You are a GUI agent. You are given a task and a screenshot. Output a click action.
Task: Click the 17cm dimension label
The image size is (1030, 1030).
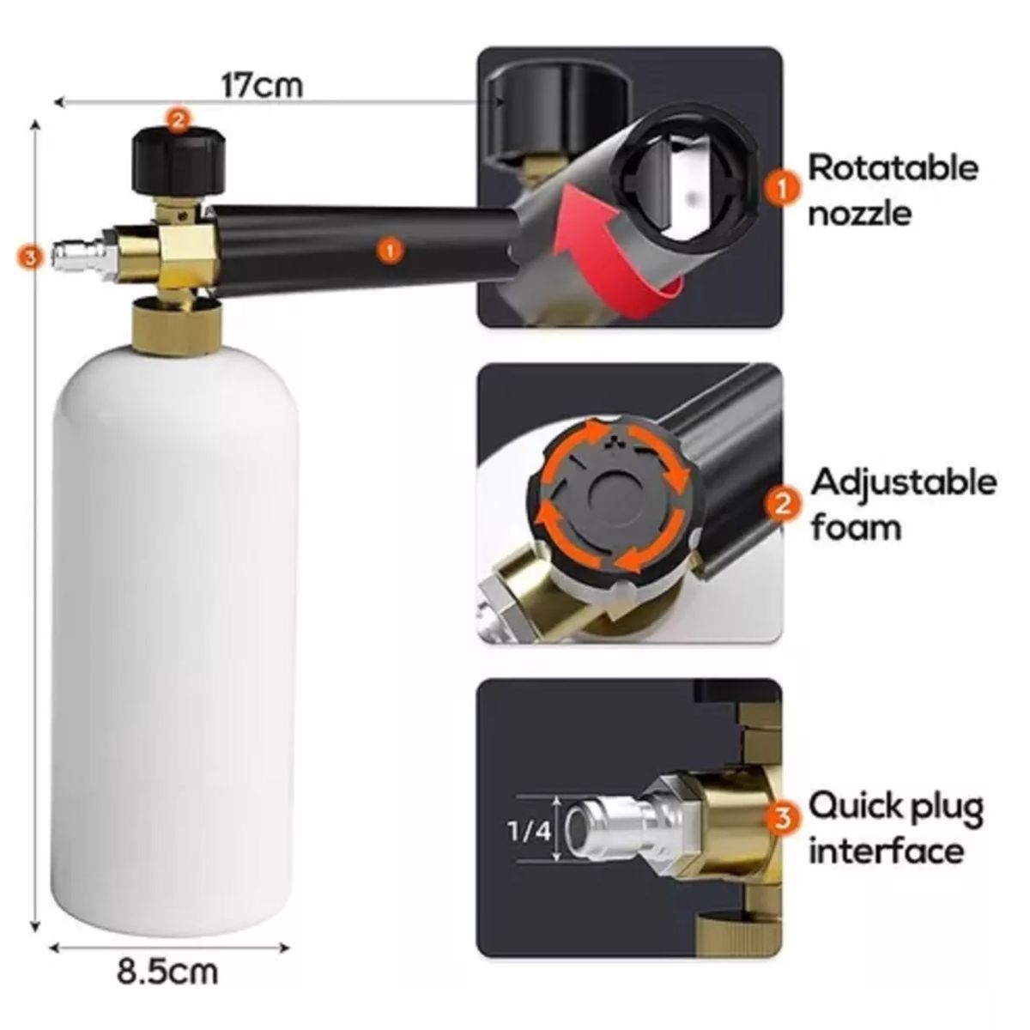pos(262,86)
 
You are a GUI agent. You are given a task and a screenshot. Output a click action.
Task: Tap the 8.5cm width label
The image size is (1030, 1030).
pos(168,972)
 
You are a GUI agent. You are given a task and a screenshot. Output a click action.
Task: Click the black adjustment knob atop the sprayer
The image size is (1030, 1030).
pos(178,161)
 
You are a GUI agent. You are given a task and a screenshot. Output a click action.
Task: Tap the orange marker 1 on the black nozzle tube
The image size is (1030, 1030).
pos(391,250)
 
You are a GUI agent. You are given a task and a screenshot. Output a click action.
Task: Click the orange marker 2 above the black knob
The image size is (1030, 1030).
pos(178,121)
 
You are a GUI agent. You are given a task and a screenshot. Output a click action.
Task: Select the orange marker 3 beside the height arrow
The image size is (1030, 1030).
pos(30,258)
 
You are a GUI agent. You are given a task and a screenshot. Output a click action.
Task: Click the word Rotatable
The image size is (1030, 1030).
pos(893,168)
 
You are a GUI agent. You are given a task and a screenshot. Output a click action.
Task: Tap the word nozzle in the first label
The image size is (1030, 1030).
pos(859,215)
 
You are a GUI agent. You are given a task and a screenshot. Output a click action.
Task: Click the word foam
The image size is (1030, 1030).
pos(856,528)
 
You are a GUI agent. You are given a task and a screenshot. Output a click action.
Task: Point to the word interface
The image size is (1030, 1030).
pos(886,851)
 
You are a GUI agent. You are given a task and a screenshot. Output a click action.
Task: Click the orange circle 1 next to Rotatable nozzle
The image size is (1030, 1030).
pos(782,189)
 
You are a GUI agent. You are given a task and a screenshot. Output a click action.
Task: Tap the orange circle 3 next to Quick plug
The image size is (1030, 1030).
pos(783,818)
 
